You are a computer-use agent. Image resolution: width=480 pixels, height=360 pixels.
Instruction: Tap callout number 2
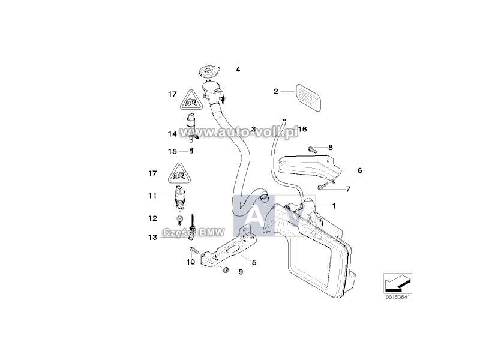point(276,91)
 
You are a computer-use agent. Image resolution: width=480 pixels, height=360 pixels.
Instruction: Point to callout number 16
point(302,129)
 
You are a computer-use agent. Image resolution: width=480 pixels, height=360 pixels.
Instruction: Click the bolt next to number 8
point(313,147)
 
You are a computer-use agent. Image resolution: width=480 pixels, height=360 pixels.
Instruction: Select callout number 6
point(360,170)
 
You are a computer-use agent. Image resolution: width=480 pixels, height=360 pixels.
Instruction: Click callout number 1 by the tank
point(334,206)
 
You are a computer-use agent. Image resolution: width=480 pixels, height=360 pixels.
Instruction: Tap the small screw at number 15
point(191,151)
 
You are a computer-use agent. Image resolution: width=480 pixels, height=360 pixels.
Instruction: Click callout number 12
point(152,218)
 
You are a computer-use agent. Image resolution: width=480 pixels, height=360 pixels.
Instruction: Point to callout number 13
point(152,238)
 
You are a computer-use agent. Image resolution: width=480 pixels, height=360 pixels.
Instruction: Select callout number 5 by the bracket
point(254,262)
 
